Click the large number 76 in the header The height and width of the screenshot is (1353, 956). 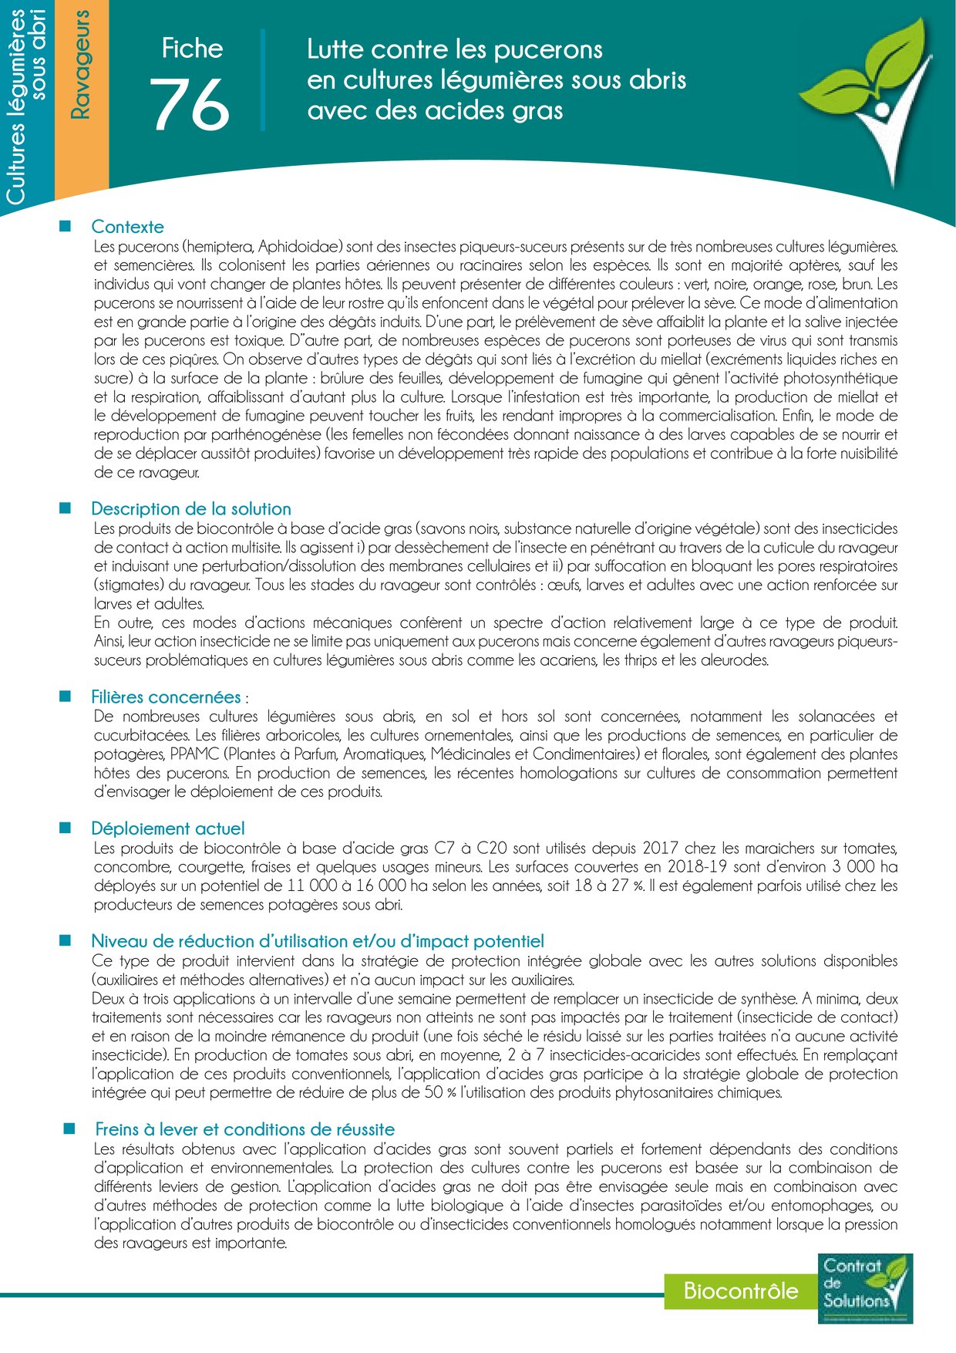190,104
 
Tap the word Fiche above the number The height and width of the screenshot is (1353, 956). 192,49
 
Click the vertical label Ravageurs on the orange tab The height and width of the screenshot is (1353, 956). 80,65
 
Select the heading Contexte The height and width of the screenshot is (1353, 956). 127,227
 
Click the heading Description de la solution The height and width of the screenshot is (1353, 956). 190,509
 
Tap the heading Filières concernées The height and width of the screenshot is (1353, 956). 166,697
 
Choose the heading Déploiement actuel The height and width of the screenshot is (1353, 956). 167,828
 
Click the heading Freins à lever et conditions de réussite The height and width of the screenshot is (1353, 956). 244,1130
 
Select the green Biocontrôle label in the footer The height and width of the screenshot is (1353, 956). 740,1291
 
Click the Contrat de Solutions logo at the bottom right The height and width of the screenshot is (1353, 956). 865,1287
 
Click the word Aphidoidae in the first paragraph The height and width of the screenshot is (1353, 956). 299,247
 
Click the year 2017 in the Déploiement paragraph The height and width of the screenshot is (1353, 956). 660,849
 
